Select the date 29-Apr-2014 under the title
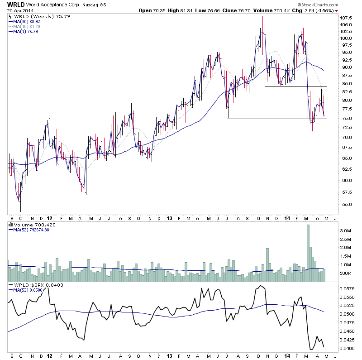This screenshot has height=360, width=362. [17, 11]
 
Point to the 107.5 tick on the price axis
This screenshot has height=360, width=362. [346, 18]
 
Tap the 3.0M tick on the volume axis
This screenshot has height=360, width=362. [346, 230]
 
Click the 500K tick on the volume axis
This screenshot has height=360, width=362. [346, 274]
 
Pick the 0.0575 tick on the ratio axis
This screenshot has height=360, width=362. [347, 288]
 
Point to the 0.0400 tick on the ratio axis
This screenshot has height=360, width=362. [347, 348]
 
